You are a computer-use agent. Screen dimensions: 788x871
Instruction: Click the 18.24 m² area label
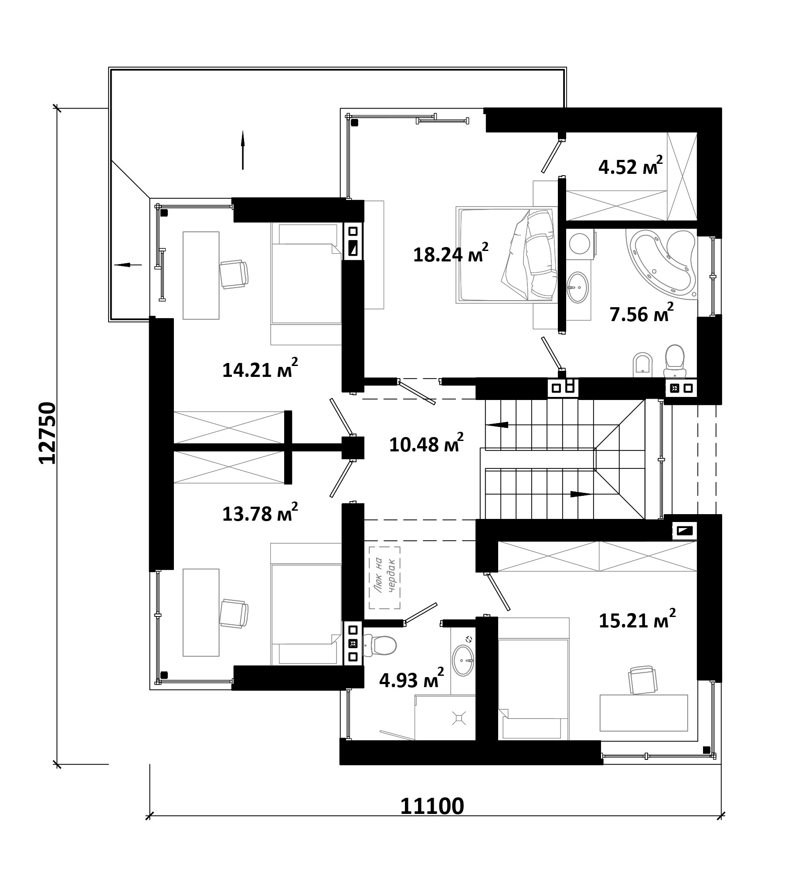(451, 253)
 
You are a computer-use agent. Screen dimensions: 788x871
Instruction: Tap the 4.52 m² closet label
(631, 165)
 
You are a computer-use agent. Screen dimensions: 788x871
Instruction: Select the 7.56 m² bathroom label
(642, 312)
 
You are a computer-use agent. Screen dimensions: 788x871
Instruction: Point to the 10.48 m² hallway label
(426, 443)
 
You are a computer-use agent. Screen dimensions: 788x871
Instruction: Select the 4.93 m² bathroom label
(411, 678)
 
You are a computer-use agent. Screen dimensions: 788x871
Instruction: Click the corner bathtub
(661, 264)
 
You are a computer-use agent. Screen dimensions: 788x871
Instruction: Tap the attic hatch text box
(384, 578)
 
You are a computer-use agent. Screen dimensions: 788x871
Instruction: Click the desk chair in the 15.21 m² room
(642, 680)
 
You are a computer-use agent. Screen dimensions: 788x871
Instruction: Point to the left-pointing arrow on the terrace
(128, 264)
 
